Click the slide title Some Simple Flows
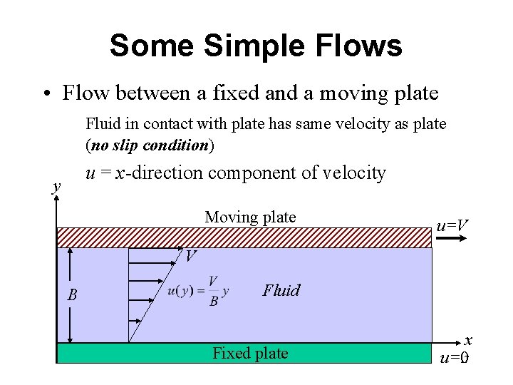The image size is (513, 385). pyautogui.click(x=256, y=46)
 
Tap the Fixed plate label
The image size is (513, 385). pyautogui.click(x=250, y=353)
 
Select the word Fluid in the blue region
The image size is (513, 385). pyautogui.click(x=281, y=290)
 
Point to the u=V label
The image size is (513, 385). pyautogui.click(x=452, y=226)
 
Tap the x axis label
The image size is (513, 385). pyautogui.click(x=468, y=342)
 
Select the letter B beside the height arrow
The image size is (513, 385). pyautogui.click(x=72, y=294)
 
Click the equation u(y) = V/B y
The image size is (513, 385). pyautogui.click(x=198, y=291)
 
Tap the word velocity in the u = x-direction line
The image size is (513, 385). pyautogui.click(x=355, y=173)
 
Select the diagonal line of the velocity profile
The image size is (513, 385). pyautogui.click(x=153, y=295)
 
